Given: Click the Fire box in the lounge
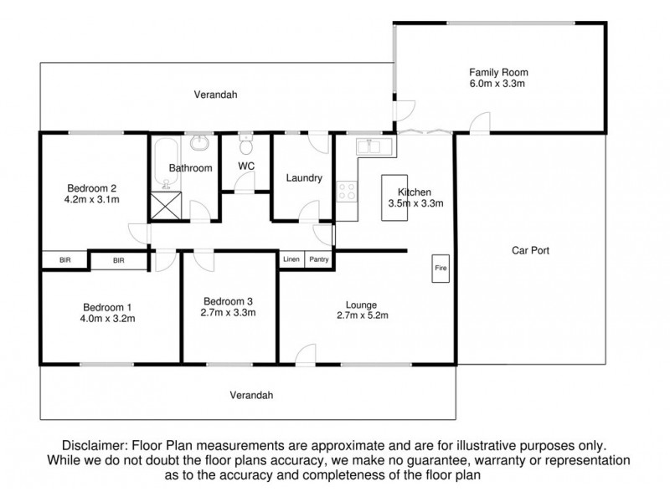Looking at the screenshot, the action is pos(441,269).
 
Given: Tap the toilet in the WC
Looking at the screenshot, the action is pos(245,145).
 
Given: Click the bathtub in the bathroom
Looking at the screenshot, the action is pos(166,163).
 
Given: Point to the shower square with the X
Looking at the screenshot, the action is pos(166,205).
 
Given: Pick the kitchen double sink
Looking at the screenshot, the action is pos(374,146).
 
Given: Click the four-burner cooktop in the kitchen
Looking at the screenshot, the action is pos(347,192).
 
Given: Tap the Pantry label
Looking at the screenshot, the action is pos(319,259).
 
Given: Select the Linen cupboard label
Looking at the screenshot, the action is pos(291,259).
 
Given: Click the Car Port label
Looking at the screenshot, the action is pos(530,250).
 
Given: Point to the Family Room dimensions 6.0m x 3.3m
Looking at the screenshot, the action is pos(497,83).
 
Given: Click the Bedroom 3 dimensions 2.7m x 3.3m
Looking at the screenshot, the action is pos(228,312).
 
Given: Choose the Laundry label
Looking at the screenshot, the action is pos(304,177).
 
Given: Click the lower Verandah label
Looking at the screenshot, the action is pos(251,395).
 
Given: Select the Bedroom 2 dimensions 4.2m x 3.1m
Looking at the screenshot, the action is pos(92,199).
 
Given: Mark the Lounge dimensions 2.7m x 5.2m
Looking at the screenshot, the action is pos(363,315).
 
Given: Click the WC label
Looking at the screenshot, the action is pos(246,166).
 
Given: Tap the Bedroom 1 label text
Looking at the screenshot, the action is pos(107,307).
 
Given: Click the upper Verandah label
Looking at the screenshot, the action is pos(215,95).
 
